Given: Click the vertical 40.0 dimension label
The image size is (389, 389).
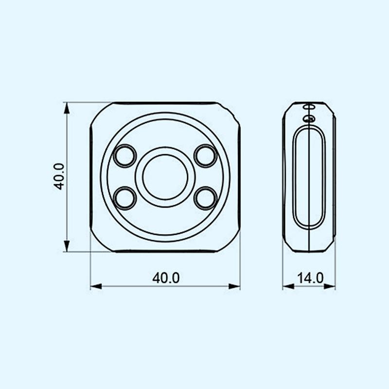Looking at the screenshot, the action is pos(59,177).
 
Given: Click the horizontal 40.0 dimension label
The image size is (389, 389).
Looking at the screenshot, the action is pos(166,278).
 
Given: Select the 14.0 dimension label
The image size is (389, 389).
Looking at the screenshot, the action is pos(310,278).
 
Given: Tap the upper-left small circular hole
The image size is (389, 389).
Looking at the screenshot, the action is pos(125,156).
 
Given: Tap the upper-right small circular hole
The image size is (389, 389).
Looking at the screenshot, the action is pos(205,156).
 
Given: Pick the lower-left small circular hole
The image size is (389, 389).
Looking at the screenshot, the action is pos(125,198).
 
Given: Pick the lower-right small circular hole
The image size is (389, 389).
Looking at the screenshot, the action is pos(205,198).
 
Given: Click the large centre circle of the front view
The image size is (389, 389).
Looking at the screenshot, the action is pos(165,177).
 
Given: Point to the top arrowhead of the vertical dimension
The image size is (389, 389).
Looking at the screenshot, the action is pos(67,108).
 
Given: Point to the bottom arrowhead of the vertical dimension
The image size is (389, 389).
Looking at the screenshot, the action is pos(67,246).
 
